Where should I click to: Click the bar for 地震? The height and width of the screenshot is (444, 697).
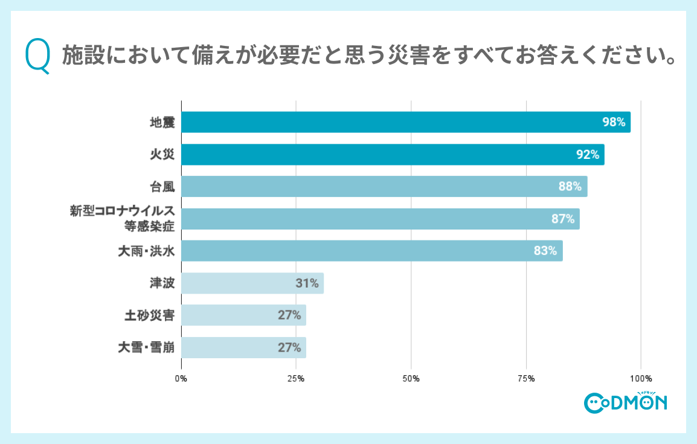click(405, 122)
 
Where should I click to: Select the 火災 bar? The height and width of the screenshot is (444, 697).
click(393, 155)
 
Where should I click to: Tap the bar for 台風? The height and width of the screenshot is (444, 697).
click(384, 187)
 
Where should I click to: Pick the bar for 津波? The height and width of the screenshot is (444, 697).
click(252, 283)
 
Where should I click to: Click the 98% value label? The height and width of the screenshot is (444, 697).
click(613, 122)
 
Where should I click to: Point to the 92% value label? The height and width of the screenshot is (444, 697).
click(587, 155)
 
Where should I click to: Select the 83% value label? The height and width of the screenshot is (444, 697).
click(545, 251)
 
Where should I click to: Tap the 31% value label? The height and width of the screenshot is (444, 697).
click(307, 283)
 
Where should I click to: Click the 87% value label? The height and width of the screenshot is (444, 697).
click(563, 219)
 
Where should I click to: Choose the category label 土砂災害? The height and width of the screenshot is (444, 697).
click(149, 315)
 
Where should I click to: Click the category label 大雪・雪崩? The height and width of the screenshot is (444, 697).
click(146, 348)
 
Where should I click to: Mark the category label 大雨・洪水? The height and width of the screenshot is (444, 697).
click(146, 251)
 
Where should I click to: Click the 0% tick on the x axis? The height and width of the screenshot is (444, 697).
click(181, 379)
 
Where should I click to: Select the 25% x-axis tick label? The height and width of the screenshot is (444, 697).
click(296, 379)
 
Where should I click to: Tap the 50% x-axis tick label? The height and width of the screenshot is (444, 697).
click(411, 379)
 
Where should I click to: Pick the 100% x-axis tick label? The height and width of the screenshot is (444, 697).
click(641, 379)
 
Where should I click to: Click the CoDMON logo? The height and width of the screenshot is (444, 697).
click(625, 402)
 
